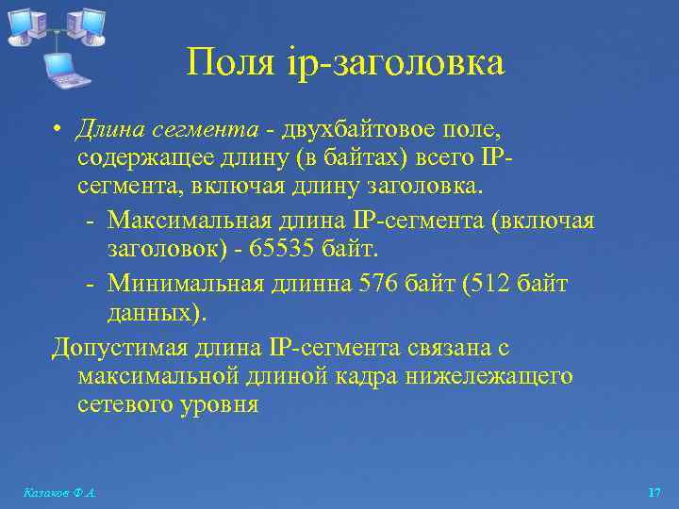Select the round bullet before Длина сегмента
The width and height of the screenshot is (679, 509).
58,128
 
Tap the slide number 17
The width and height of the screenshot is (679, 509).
654,493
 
